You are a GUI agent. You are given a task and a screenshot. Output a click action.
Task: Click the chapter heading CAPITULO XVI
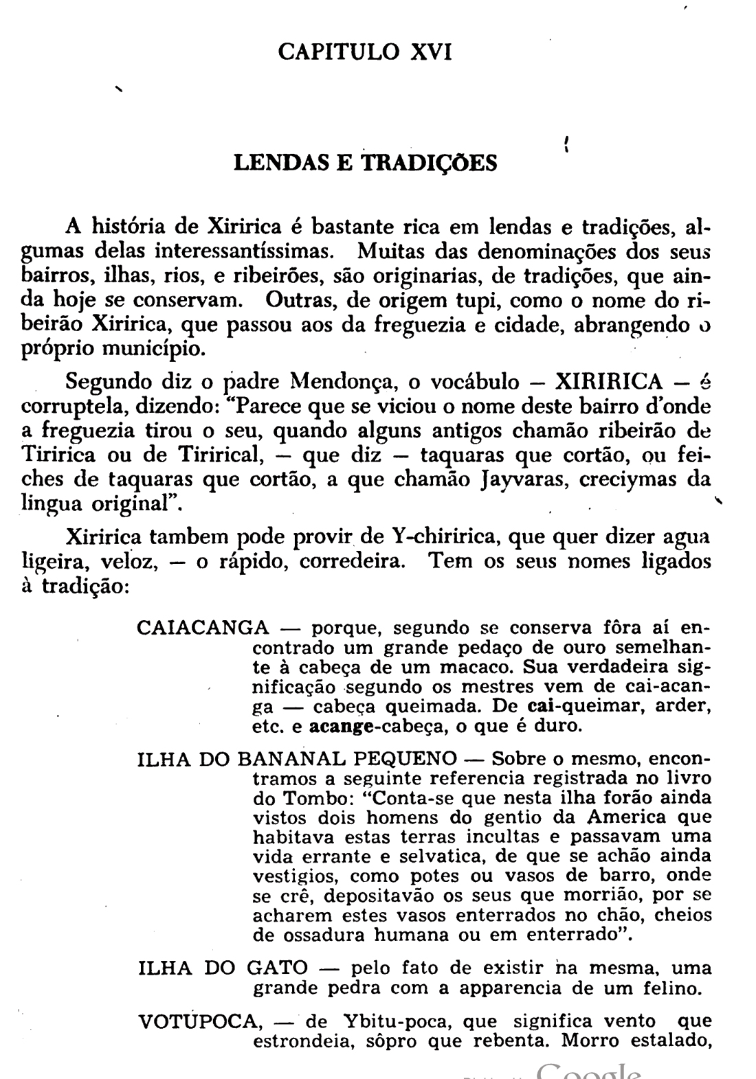click(x=365, y=52)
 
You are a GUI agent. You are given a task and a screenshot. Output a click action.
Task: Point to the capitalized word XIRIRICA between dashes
click(x=609, y=380)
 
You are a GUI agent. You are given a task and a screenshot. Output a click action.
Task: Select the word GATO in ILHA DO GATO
click(x=276, y=968)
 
